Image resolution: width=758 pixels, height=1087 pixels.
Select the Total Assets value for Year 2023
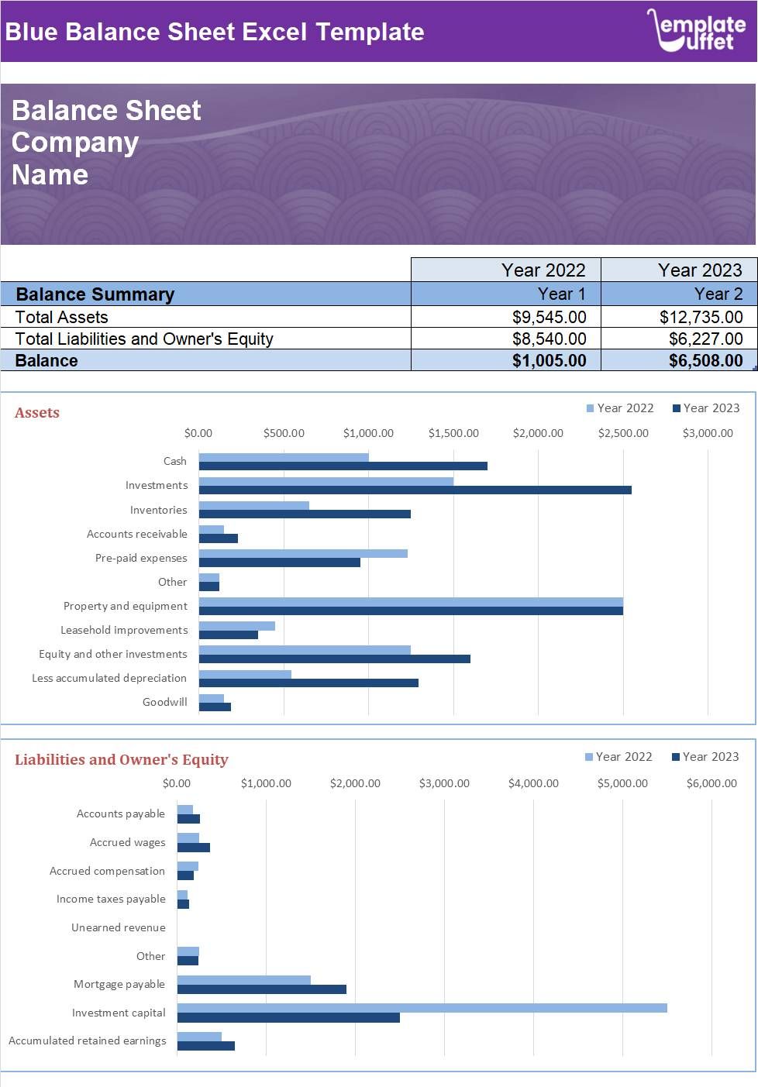point(701,317)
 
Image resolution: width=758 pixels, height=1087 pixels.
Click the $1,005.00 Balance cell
point(549,360)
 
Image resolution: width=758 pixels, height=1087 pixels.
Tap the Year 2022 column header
point(543,270)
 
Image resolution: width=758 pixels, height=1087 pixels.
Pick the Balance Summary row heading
point(95,294)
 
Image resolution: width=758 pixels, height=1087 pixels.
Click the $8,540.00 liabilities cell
point(549,339)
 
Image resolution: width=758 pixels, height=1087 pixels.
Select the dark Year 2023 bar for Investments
point(415,490)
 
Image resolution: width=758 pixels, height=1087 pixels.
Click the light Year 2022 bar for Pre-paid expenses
point(302,553)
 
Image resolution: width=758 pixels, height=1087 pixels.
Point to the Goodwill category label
point(164,702)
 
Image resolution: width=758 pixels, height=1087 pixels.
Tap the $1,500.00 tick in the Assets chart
point(453,433)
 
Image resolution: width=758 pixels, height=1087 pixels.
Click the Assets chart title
point(37,413)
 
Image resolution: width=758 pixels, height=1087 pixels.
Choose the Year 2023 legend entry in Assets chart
point(706,408)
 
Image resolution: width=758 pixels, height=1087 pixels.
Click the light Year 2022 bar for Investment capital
point(422,1008)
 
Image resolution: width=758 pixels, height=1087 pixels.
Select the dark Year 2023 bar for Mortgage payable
point(261,989)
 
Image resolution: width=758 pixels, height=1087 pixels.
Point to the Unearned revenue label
point(118,927)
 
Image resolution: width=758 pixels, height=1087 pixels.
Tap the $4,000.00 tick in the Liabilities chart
point(533,783)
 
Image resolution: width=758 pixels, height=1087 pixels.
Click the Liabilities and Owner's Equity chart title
point(122,760)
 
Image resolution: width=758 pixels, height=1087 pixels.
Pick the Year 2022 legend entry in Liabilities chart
point(618,757)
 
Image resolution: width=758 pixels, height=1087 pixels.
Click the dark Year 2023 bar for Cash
point(343,466)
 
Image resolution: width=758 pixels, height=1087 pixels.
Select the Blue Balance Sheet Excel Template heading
point(215,32)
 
